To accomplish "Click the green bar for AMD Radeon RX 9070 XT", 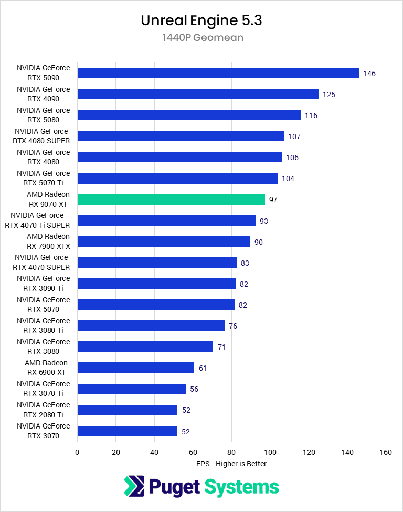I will (x=171, y=200).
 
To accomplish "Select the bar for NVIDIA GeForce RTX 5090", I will (x=218, y=73).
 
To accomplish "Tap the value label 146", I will (x=369, y=74).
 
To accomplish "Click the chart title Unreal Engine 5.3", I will (x=201, y=20).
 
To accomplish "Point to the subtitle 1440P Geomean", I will (x=201, y=38).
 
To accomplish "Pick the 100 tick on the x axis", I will (x=270, y=452).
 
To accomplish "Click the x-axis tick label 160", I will (x=386, y=452).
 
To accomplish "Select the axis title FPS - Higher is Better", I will (x=231, y=464).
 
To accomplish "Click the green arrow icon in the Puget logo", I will (x=134, y=486).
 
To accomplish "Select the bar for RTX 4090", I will (x=198, y=94).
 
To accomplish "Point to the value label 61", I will (x=203, y=368).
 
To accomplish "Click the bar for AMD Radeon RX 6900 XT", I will (x=135, y=368).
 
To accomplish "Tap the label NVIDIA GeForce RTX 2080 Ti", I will (x=43, y=410).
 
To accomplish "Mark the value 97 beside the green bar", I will (x=273, y=200).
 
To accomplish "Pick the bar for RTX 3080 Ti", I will (x=151, y=326).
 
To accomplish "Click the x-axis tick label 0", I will (x=77, y=452).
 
